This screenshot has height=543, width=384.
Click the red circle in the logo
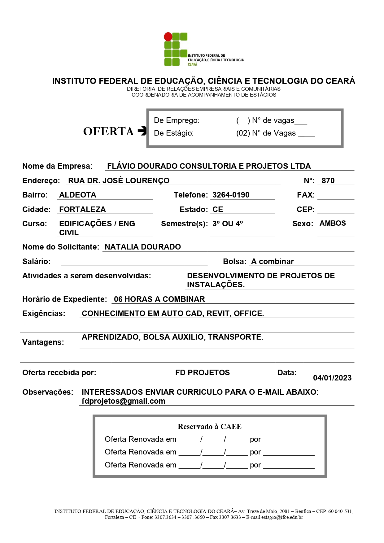tap(168, 37)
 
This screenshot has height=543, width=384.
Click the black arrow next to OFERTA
tap(142, 131)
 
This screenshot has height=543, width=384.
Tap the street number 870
tap(328, 181)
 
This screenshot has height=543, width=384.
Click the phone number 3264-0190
tap(231, 195)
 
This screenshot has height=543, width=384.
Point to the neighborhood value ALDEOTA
tap(78, 195)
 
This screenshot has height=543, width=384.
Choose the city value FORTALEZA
tap(82, 210)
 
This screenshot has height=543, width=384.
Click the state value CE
tap(218, 210)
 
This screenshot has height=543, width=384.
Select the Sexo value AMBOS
tap(333, 224)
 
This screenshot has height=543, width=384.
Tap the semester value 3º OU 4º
tap(228, 224)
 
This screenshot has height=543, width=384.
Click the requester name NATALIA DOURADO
tap(143, 247)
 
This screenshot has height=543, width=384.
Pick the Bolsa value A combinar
tap(272, 262)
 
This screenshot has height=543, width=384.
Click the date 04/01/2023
tap(332, 378)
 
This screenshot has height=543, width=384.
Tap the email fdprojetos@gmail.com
tap(123, 401)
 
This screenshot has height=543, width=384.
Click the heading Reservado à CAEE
tap(209, 427)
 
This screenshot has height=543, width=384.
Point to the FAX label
tap(306, 195)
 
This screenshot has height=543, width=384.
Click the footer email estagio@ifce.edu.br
tap(282, 517)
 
